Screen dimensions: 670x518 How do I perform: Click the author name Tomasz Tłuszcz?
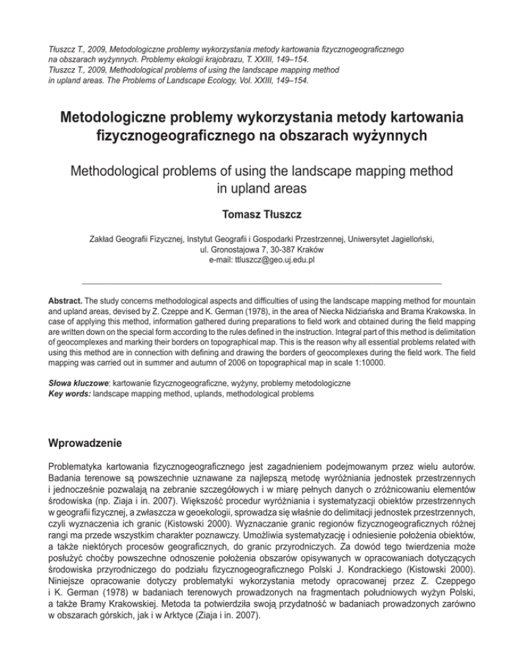[259, 215]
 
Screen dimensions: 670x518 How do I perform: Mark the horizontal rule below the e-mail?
[261, 282]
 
